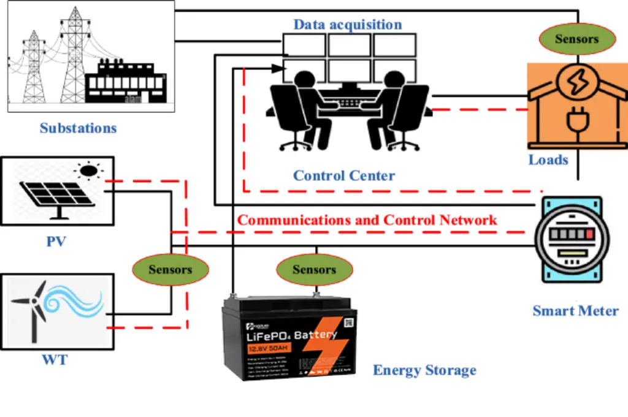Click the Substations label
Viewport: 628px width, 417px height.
coord(78,128)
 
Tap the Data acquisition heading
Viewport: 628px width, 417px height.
coord(347,25)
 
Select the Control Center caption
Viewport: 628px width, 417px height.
coord(343,175)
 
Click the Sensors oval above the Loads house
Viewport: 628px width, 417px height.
coord(576,39)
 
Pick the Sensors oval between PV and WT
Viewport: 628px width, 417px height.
coord(170,269)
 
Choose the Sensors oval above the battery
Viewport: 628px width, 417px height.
coord(314,269)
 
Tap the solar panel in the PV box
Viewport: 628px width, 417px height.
coord(56,194)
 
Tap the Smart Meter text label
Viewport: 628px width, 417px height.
coord(575,310)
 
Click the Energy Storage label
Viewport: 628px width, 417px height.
coord(424,370)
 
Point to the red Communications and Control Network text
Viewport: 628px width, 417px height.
coord(367,220)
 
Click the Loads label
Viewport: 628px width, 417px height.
coord(548,160)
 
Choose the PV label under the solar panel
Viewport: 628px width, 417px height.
coord(56,241)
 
